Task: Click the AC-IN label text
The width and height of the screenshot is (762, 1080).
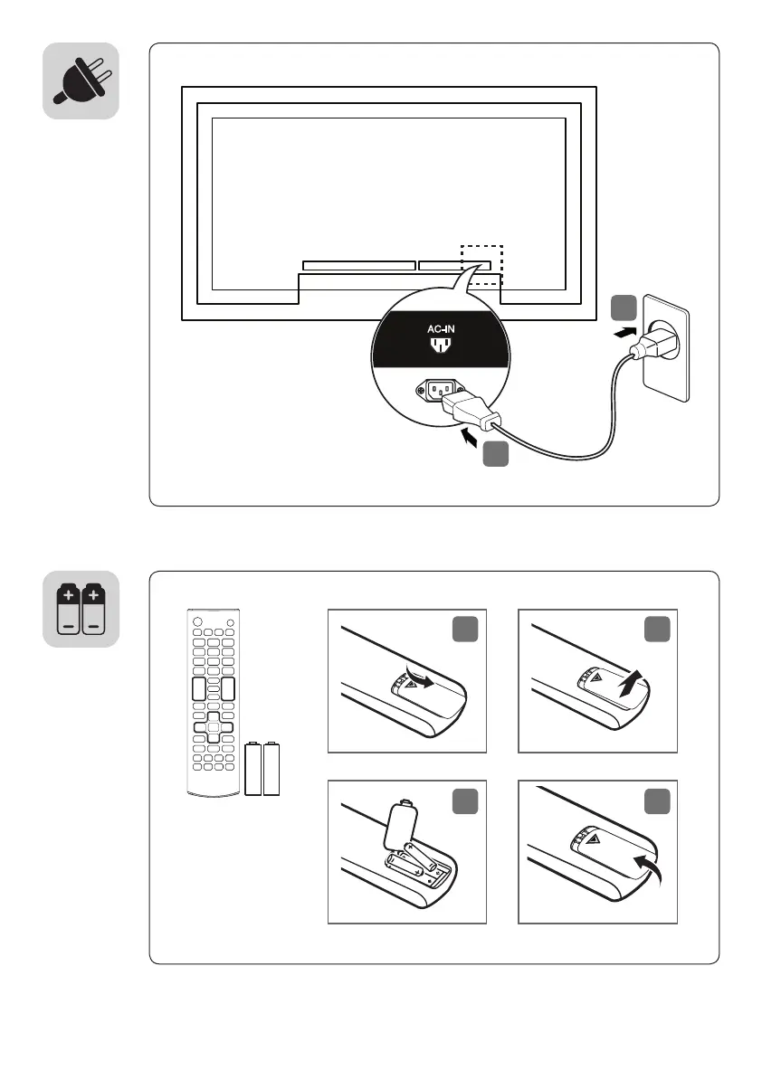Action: [x=440, y=330]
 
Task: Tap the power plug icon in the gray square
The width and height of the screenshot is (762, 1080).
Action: [x=81, y=81]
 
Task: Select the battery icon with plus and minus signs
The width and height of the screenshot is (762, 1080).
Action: [x=81, y=609]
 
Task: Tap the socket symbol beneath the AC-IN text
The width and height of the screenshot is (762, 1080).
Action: [x=440, y=346]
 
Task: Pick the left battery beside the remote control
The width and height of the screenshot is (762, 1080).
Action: [x=253, y=769]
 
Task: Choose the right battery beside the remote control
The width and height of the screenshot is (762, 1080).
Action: [x=271, y=769]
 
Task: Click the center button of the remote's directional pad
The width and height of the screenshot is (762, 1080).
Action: [x=213, y=726]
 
